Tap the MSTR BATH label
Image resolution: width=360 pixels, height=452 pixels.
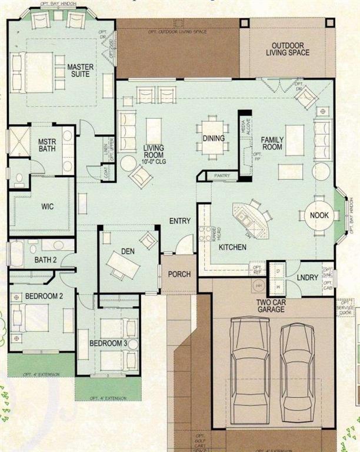[46, 146]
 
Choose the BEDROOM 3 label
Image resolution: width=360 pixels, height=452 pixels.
[108, 343]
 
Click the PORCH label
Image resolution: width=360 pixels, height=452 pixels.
[179, 274]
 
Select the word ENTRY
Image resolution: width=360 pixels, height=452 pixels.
[179, 221]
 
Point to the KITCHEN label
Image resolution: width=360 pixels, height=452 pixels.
[232, 247]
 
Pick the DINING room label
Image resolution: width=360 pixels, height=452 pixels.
[214, 139]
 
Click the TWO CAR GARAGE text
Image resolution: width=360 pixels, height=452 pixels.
[271, 305]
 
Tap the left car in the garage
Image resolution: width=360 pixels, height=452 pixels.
[249, 365]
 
